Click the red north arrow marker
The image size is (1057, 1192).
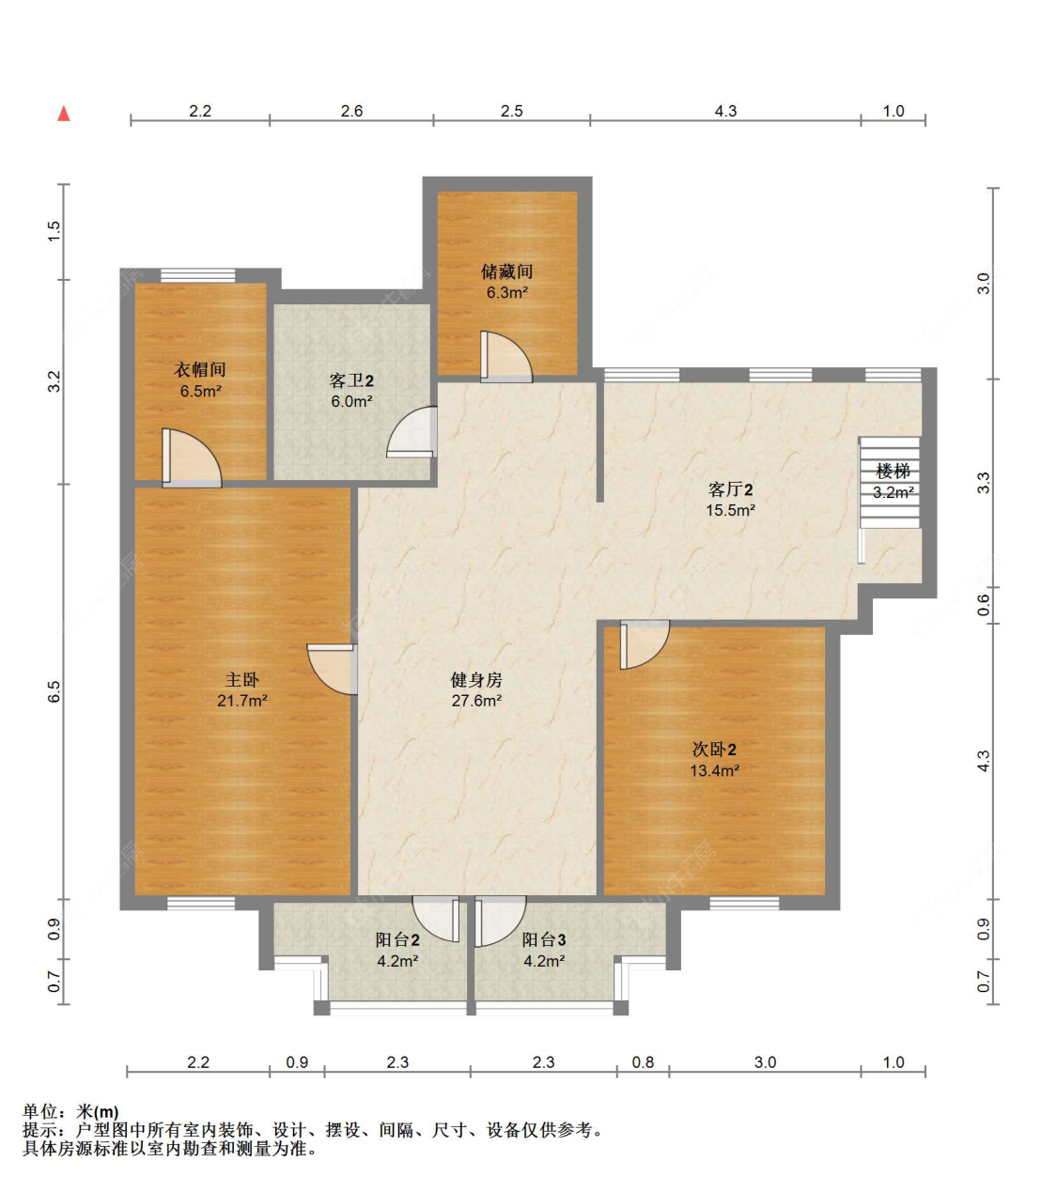pyautogui.click(x=64, y=114)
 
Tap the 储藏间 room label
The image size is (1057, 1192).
pyautogui.click(x=506, y=271)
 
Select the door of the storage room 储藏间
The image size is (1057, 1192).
pyautogui.click(x=505, y=358)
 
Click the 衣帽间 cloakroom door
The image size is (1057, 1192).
pyautogui.click(x=191, y=459)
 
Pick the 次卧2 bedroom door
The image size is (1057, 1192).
pyautogui.click(x=643, y=644)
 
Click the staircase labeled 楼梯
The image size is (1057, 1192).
pyautogui.click(x=891, y=482)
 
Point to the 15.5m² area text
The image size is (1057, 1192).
pyautogui.click(x=730, y=511)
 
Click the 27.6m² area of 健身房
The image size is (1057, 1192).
pyautogui.click(x=476, y=701)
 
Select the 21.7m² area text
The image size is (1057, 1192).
pyautogui.click(x=242, y=701)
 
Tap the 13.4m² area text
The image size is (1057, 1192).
pyautogui.click(x=714, y=771)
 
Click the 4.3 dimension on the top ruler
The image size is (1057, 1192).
pyautogui.click(x=725, y=111)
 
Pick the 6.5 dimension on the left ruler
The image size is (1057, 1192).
pyautogui.click(x=54, y=691)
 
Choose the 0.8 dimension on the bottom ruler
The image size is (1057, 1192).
pyautogui.click(x=643, y=1062)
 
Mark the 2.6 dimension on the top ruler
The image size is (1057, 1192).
pyautogui.click(x=351, y=111)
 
